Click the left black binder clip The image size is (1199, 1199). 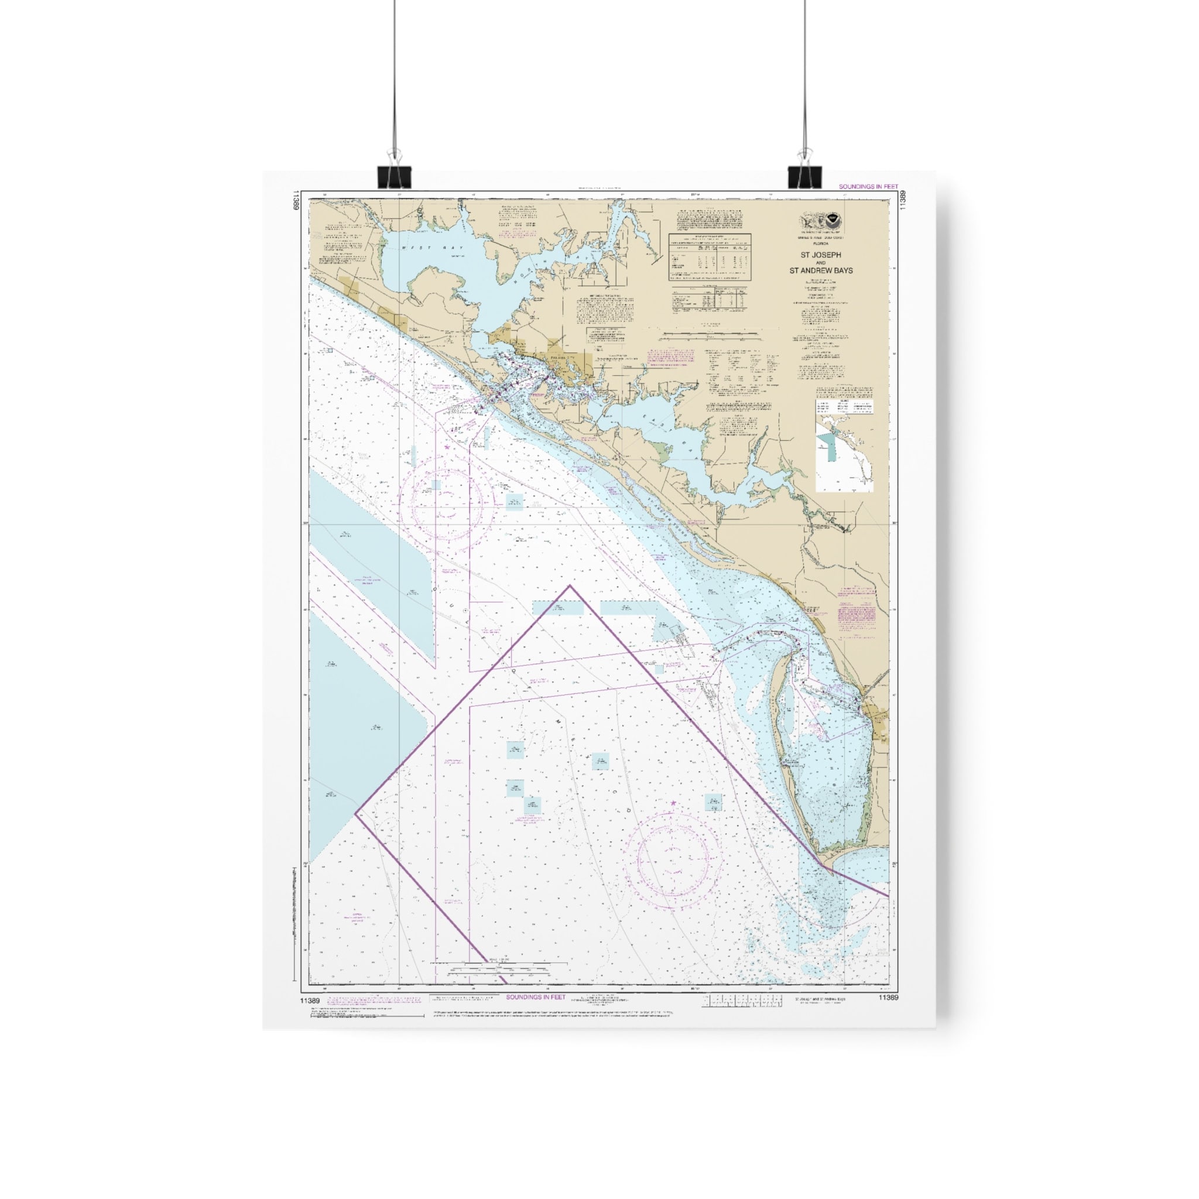click(x=394, y=177)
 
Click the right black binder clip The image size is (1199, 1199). click(x=804, y=177)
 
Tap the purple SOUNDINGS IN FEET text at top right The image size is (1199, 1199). click(x=868, y=187)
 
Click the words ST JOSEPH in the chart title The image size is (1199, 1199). click(x=820, y=255)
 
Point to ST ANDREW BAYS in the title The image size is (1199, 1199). click(x=820, y=270)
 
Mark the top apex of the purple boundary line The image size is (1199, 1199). click(x=570, y=585)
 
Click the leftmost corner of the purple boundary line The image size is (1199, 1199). click(x=355, y=814)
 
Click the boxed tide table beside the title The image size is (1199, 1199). click(x=710, y=256)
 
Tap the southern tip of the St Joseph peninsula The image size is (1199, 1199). click(x=823, y=864)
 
